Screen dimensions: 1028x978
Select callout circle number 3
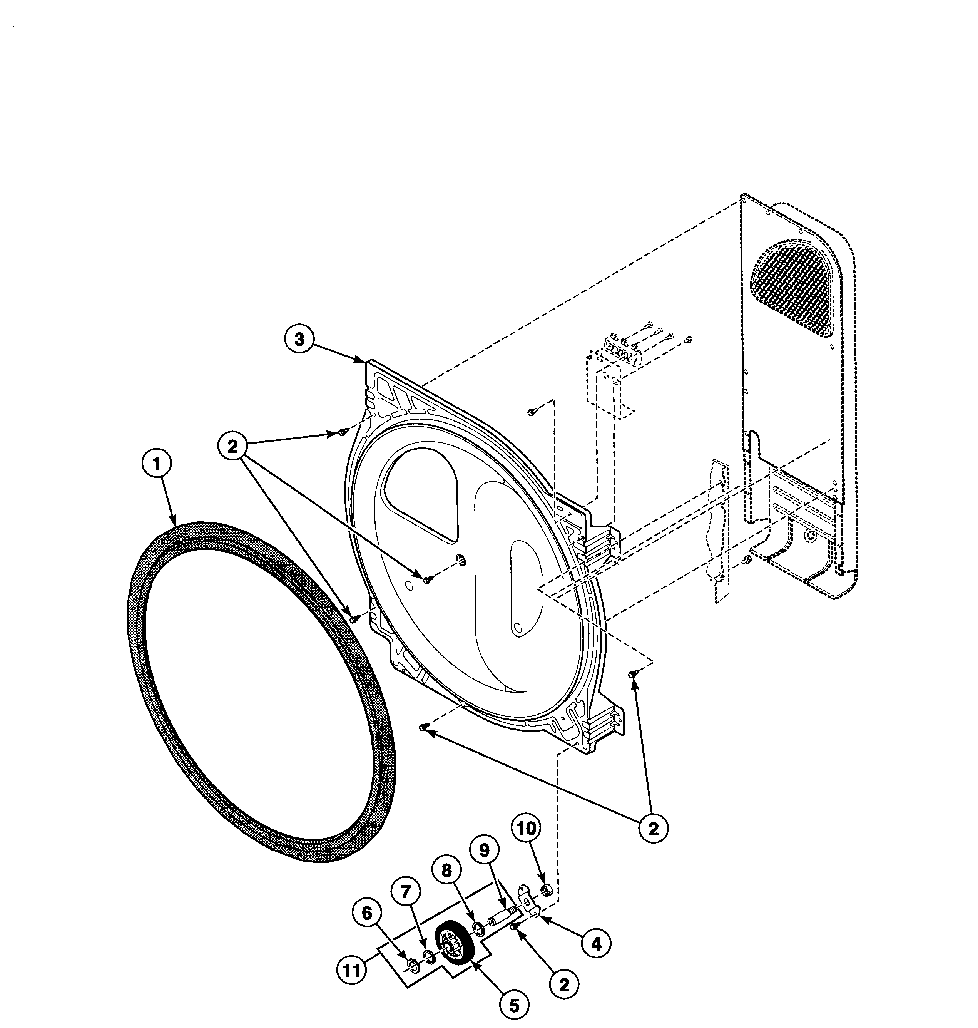[299, 340]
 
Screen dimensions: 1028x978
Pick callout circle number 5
[515, 1006]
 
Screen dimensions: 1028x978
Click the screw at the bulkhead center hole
[427, 579]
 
